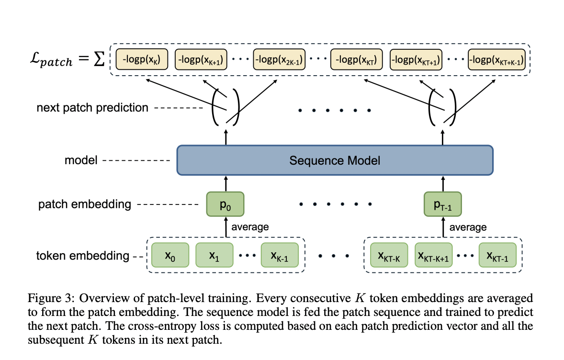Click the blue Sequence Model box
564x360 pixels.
point(335,160)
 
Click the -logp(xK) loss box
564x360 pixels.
point(141,60)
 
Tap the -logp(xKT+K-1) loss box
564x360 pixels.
point(496,60)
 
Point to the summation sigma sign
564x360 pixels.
point(99,61)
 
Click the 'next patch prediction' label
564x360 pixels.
point(92,108)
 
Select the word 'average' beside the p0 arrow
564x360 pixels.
point(250,227)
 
